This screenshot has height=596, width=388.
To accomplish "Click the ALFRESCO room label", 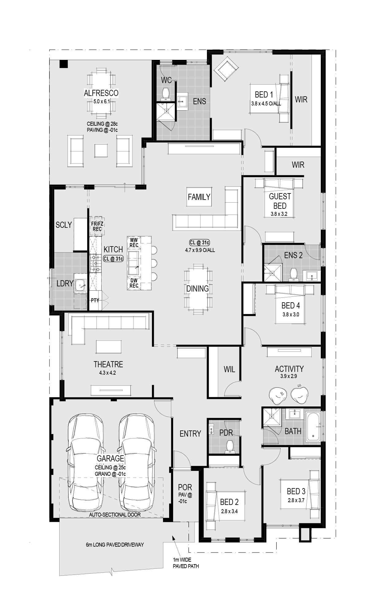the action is point(101,93).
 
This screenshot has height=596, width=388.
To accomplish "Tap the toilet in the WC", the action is point(166,94).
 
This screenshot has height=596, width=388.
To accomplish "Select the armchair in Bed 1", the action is point(226,71).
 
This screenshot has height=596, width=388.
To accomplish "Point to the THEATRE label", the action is point(108,364).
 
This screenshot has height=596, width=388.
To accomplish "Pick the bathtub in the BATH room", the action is point(313,426).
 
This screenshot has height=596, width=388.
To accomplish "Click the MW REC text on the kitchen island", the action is point(134,243).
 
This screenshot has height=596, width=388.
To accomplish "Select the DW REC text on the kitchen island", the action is point(134,283).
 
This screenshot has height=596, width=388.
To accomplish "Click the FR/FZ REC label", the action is point(97,227).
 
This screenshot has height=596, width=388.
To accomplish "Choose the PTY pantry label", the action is point(95,300).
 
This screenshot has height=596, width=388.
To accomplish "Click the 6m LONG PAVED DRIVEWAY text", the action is point(115,545).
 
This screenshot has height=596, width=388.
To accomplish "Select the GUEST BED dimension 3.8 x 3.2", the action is point(279,214).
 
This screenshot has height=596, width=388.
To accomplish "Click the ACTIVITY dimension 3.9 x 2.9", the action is point(289,376).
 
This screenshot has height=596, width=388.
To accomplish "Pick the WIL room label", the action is point(229,369).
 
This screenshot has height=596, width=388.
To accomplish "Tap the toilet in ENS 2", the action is point(294,275).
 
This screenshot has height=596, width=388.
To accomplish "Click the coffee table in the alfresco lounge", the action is point(101,151).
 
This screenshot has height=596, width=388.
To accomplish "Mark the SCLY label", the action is point(64,225).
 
